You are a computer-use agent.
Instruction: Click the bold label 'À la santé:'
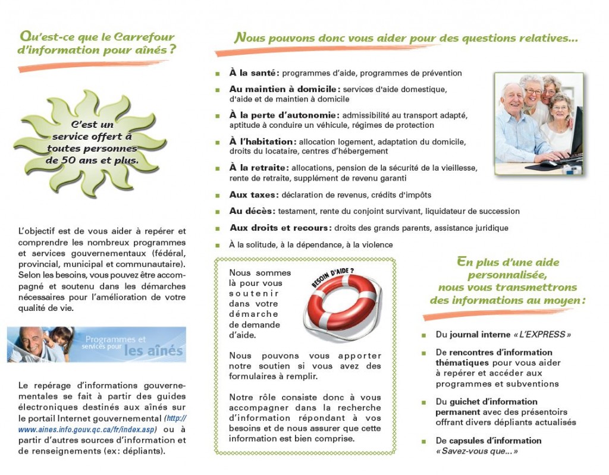tap(254, 73)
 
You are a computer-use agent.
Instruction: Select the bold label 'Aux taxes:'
tap(253, 195)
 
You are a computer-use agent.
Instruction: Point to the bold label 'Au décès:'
tap(252, 211)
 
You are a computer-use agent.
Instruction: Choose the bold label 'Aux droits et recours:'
tap(280, 228)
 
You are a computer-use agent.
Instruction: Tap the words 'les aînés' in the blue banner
tap(153, 351)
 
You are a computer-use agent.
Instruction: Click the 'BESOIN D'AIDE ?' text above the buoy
tap(333, 278)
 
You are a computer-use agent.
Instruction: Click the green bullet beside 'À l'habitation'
tap(217, 142)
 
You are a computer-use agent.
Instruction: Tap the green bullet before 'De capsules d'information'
tap(424, 441)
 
